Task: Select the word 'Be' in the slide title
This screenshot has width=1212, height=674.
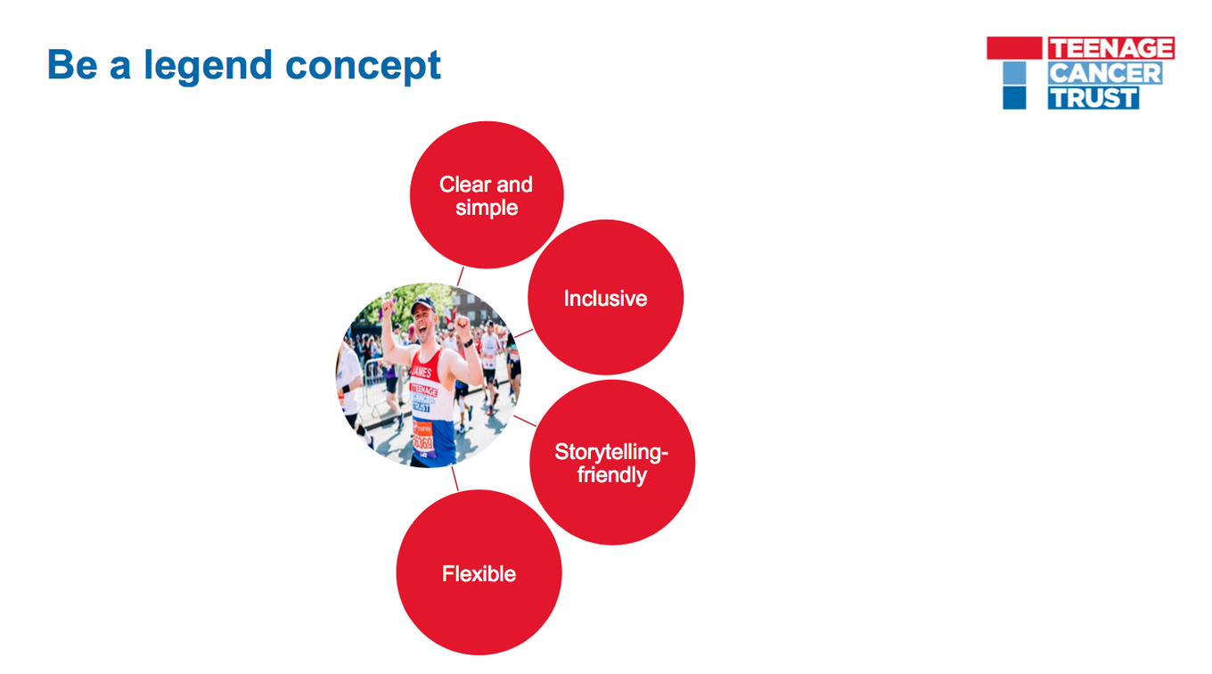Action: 71,65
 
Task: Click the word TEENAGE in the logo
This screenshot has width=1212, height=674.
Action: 1110,48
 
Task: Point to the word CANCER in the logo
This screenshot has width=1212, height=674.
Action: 1104,73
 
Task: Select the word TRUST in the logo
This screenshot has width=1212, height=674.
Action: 1093,97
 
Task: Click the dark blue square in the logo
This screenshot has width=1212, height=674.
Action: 1014,97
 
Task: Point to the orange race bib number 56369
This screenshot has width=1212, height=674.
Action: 422,442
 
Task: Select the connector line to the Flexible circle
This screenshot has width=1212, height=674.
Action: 454,479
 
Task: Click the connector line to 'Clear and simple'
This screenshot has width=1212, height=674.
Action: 460,275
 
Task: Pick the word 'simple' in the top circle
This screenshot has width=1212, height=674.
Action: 487,209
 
